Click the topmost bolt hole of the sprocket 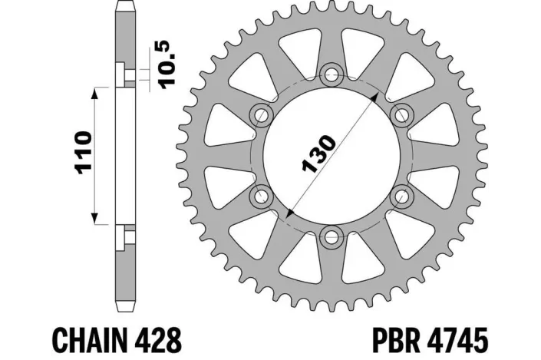pyautogui.click(x=332, y=74)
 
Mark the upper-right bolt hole pyautogui.click(x=401, y=114)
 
